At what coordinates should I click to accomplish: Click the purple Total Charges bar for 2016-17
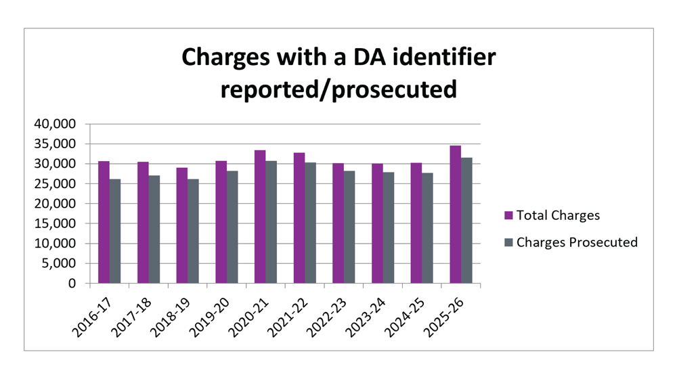click(x=104, y=222)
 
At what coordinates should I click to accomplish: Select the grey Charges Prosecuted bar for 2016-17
click(x=115, y=231)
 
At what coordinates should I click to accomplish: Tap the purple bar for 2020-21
click(x=260, y=217)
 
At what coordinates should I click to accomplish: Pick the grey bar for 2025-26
click(x=466, y=220)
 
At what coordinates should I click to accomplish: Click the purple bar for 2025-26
click(x=456, y=215)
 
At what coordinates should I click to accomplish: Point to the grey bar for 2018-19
click(x=193, y=231)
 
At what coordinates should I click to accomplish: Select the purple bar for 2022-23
click(x=338, y=223)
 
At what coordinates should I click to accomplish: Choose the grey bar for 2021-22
click(x=310, y=223)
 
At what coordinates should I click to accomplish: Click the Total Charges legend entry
click(x=552, y=215)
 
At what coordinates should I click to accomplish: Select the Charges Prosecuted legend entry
click(x=571, y=242)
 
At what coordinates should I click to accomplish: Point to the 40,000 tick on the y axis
click(x=55, y=124)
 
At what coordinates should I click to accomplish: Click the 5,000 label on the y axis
click(x=58, y=263)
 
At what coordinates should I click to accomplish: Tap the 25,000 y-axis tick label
click(x=55, y=183)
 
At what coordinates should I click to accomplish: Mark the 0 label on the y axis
click(x=72, y=283)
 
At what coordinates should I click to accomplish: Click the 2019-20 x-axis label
click(x=210, y=317)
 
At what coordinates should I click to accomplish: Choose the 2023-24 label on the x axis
click(x=366, y=317)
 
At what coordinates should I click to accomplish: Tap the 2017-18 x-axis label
click(x=132, y=317)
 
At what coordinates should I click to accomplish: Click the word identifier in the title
click(x=444, y=57)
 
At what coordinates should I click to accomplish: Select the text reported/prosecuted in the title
click(x=338, y=89)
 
